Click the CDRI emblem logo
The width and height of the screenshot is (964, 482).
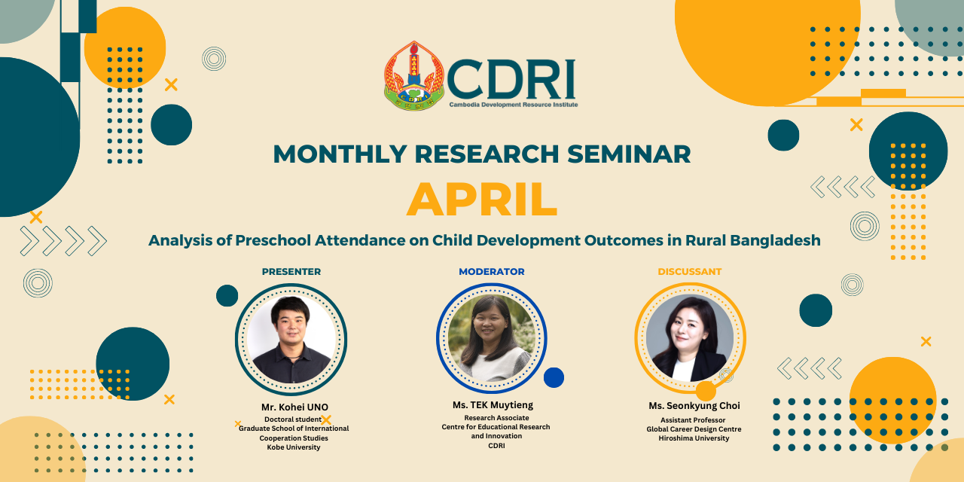414,76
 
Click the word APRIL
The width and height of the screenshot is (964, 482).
482,200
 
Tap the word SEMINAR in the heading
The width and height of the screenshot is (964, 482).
629,154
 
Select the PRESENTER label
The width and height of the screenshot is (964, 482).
291,272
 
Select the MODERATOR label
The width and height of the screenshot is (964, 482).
492,272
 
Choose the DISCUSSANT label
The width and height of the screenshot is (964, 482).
689,272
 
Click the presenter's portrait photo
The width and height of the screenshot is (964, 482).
291,339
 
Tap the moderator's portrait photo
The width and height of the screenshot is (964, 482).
492,338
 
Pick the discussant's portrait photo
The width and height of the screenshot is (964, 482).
690,338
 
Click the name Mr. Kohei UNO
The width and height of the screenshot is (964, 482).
294,407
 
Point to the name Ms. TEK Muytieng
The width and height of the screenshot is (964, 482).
493,405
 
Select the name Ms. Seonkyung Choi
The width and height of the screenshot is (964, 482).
694,406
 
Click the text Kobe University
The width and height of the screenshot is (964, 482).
294,447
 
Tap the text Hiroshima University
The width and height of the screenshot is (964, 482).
694,438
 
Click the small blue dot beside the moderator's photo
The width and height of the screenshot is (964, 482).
554,377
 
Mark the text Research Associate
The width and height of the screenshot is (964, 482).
496,418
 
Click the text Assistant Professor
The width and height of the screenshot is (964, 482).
693,420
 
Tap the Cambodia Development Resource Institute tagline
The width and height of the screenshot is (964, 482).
514,105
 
